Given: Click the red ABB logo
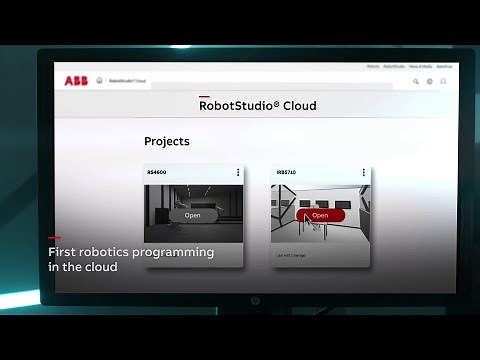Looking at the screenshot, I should [x=76, y=80].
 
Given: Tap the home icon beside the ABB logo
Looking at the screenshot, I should [x=99, y=80].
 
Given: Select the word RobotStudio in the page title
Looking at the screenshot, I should [x=239, y=106].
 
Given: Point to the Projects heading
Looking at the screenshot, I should [x=167, y=142].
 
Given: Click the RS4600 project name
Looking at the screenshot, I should [x=157, y=172].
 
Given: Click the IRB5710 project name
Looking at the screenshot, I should [x=286, y=172].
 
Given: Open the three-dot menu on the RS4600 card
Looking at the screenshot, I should [x=238, y=172].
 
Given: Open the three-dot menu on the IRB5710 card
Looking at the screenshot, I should [x=365, y=172].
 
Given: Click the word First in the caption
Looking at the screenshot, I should [x=62, y=253].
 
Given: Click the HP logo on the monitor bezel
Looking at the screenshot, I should [x=254, y=299].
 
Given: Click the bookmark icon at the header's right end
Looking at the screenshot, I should [x=443, y=81].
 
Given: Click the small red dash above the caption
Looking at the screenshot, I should [x=54, y=239].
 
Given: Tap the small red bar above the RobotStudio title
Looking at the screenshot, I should [x=204, y=96].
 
